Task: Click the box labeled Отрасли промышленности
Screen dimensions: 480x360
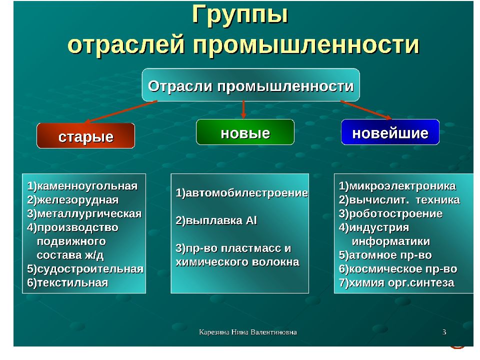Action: [250, 85]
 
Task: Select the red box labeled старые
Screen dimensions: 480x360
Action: [85, 135]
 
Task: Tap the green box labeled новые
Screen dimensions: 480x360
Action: [245, 132]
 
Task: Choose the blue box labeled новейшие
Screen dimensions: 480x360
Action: [390, 132]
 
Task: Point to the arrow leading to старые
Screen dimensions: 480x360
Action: [121, 111]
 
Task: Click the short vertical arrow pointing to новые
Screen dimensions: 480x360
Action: [243, 109]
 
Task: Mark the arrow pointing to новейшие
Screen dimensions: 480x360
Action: [366, 110]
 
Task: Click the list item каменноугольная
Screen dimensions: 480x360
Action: [82, 186]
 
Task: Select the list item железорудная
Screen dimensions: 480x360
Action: [73, 200]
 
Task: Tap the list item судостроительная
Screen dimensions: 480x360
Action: [85, 269]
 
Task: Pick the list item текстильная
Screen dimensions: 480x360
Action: [67, 282]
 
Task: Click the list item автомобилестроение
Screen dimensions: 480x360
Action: [242, 193]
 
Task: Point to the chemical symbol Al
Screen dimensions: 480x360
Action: [251, 220]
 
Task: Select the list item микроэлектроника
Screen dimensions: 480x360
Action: [397, 186]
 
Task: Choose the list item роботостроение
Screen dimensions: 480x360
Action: [390, 213]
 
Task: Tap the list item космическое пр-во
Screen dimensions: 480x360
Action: [398, 269]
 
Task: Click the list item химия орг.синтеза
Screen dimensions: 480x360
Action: [396, 282]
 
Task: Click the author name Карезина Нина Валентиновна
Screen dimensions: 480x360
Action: [247, 332]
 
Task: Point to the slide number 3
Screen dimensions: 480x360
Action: [444, 332]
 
